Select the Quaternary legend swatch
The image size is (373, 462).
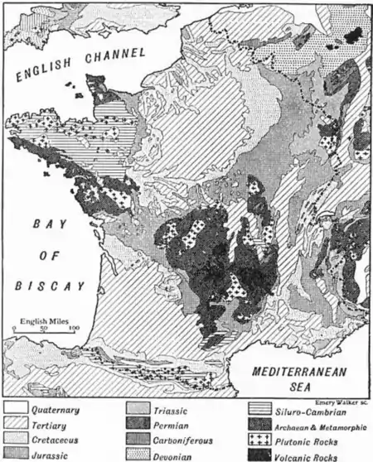(x=16, y=409)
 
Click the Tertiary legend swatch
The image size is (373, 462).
(x=16, y=424)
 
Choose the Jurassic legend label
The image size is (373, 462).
(x=51, y=454)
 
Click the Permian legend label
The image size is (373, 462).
(x=171, y=424)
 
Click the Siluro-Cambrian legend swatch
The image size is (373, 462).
(x=260, y=409)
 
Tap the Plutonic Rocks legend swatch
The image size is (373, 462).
(x=260, y=439)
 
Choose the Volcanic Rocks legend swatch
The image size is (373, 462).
(x=260, y=454)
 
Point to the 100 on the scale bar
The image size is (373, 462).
(x=74, y=329)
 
